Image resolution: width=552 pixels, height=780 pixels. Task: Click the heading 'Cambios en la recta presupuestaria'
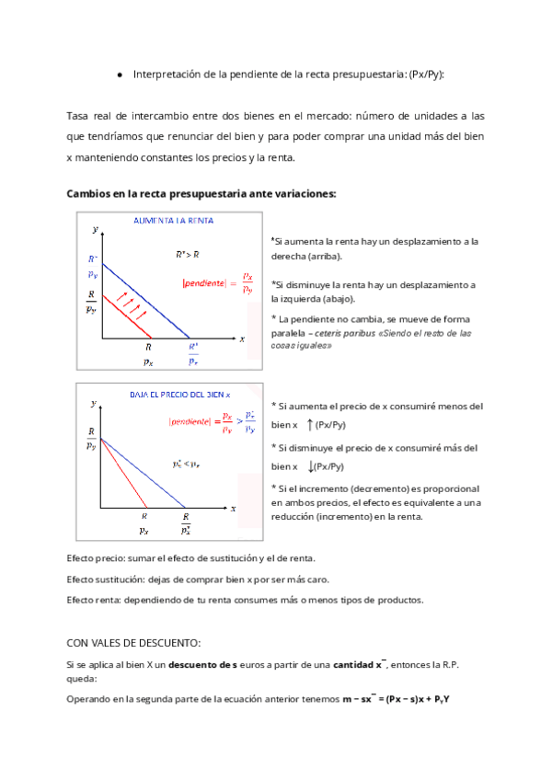click(x=201, y=194)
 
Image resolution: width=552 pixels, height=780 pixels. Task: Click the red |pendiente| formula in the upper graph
click(x=218, y=282)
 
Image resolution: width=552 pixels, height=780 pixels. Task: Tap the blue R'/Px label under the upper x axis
click(x=192, y=353)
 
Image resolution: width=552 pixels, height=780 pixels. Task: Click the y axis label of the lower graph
click(x=93, y=404)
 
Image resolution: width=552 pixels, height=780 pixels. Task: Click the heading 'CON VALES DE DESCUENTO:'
click(x=133, y=643)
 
